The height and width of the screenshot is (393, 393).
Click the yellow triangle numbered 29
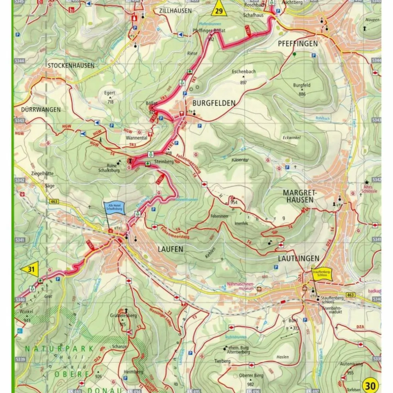click(x=219, y=10)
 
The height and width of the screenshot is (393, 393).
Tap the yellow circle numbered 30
click(x=371, y=385)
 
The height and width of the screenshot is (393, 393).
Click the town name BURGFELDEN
click(x=214, y=103)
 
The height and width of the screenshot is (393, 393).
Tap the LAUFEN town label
click(x=170, y=249)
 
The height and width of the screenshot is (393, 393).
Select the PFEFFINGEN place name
click(x=298, y=44)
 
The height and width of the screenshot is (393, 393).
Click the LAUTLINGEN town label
click(x=298, y=258)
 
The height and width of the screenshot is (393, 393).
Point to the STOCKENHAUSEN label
click(x=71, y=65)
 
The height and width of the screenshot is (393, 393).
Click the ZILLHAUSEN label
click(x=175, y=11)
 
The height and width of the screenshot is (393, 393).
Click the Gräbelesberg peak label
click(x=123, y=316)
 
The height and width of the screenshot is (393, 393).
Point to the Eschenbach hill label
click(x=244, y=72)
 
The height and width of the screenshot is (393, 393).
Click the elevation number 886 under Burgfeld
click(x=302, y=94)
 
